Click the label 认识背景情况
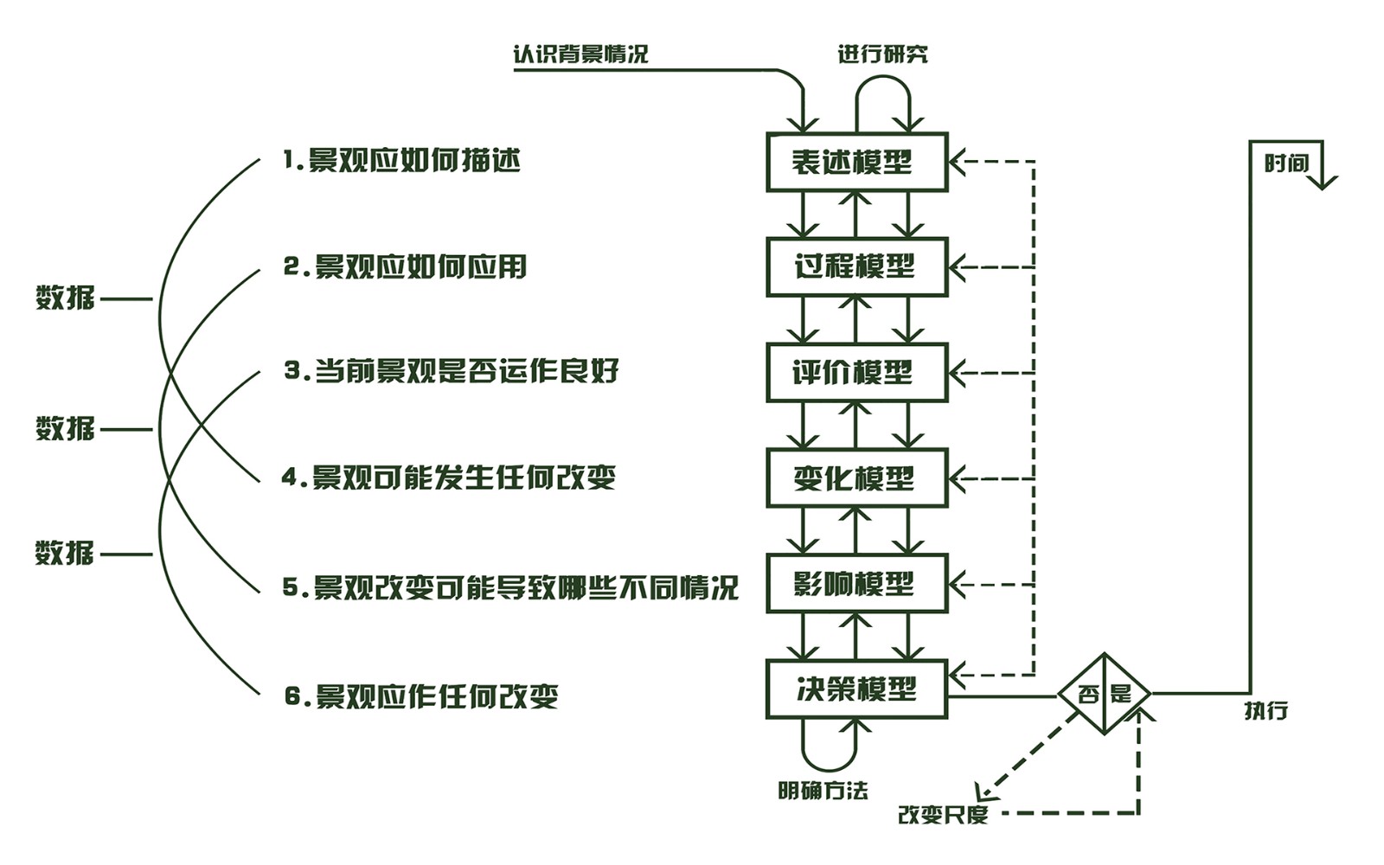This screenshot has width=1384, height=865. pos(580,54)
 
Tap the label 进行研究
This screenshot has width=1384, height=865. pos(882,54)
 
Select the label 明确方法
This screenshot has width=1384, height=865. pos(823,790)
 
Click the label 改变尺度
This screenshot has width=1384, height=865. pos(943,814)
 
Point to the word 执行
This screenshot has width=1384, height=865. pos(1266,710)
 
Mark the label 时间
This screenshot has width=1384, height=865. pos(1286,163)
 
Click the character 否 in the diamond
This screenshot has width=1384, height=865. pos(1089,694)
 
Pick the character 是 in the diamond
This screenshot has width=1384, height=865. pos(1121,694)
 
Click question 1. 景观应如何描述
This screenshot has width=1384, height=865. pos(402,160)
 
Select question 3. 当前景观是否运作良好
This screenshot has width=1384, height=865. pos(452,371)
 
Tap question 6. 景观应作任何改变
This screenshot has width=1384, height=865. pos(422,696)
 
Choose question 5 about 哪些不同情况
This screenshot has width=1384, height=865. pos(510,587)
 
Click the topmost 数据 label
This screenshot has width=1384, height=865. pos(65,297)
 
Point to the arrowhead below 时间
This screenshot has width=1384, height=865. pos(1323,182)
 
